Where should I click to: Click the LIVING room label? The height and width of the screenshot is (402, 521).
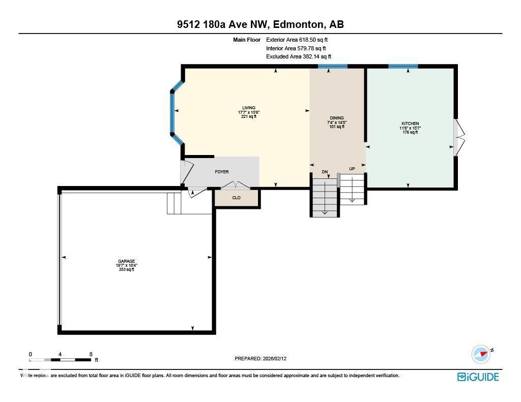248,108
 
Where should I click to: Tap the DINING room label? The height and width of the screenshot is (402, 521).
336,118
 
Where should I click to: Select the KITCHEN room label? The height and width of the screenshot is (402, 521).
410,123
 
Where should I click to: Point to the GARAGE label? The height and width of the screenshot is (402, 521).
126,261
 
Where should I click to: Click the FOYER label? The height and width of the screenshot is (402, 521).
222,172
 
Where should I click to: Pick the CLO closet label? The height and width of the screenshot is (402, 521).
237,198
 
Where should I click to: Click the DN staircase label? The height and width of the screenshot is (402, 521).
325,172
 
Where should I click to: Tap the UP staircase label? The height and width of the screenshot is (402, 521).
352,169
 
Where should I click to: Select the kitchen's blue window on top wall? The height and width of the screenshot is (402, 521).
403,66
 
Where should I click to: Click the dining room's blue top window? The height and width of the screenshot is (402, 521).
333,66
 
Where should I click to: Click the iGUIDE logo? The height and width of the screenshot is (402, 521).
478,377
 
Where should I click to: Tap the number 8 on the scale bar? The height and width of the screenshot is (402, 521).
91,354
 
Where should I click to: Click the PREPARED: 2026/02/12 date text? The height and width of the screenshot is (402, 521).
264,359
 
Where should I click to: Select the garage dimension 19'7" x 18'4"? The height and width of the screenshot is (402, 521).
126,265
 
